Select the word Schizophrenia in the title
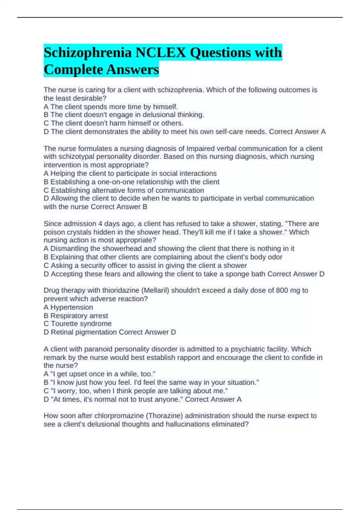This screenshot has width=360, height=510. pyautogui.click(x=88, y=52)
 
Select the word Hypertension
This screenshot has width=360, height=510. pyautogui.click(x=72, y=307)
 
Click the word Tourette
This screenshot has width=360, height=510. pyautogui.click(x=64, y=324)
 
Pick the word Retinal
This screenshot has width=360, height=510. pyautogui.click(x=62, y=332)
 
